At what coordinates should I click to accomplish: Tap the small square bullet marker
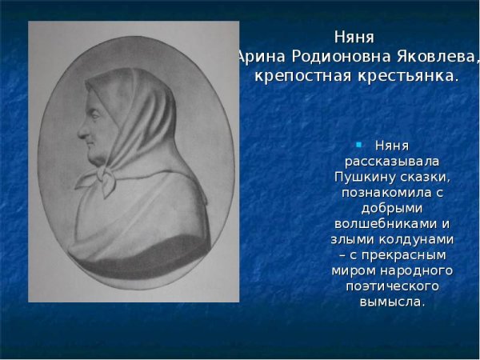coord(359,145)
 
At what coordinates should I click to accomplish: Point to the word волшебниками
coord(385,223)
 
